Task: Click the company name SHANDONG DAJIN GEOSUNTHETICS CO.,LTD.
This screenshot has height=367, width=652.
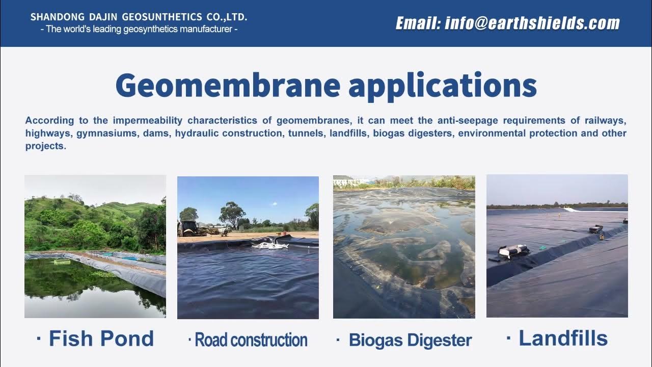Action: click(x=139, y=17)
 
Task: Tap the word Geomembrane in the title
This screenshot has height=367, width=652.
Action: click(x=228, y=85)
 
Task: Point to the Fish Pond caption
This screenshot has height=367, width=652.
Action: click(x=101, y=338)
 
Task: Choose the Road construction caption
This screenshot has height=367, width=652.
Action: click(x=251, y=340)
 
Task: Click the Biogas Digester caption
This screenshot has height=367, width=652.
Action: click(x=410, y=340)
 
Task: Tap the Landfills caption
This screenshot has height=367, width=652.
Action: click(x=563, y=338)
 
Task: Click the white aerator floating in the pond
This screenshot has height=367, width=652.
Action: click(x=269, y=246)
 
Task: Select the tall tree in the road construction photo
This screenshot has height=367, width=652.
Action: click(x=232, y=213)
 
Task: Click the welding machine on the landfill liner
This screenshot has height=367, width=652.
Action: click(x=513, y=250)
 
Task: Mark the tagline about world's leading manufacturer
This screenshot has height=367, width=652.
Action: click(x=139, y=30)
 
